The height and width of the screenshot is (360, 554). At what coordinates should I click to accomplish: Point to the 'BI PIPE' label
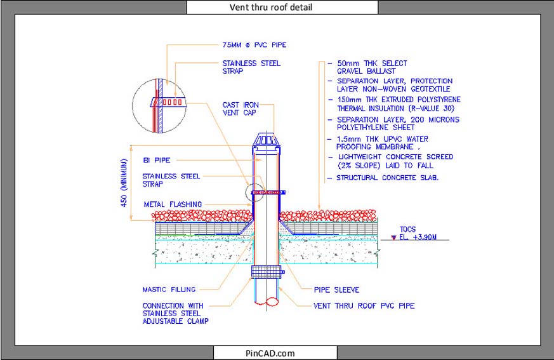[156, 160]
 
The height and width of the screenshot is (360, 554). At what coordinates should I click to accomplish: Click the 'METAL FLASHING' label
[172, 204]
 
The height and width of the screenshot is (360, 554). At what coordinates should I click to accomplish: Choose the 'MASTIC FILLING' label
[169, 290]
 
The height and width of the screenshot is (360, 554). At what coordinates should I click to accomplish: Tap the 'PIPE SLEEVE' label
[336, 290]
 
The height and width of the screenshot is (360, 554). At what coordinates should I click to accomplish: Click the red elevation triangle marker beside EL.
[393, 237]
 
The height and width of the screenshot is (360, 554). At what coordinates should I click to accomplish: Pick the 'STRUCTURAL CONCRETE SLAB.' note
[387, 178]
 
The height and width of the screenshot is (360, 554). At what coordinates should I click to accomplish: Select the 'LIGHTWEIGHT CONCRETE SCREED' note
[395, 161]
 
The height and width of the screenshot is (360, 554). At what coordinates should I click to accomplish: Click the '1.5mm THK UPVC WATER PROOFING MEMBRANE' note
[381, 142]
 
